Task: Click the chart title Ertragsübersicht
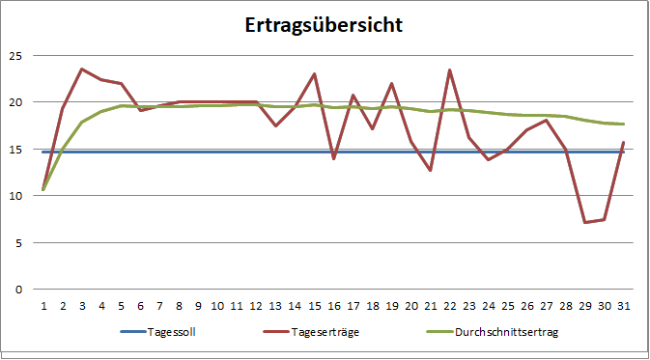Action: click(323, 24)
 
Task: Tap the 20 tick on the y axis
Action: click(14, 102)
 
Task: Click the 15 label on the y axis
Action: click(14, 149)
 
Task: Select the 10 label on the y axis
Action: click(14, 196)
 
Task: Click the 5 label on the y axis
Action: click(16, 242)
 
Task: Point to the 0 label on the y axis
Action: click(16, 290)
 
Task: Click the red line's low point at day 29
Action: click(584, 222)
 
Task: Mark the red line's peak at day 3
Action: click(82, 69)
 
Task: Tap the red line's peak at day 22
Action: click(449, 70)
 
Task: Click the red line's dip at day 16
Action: click(333, 158)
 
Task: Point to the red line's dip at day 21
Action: click(430, 171)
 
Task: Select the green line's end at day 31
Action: click(623, 124)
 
